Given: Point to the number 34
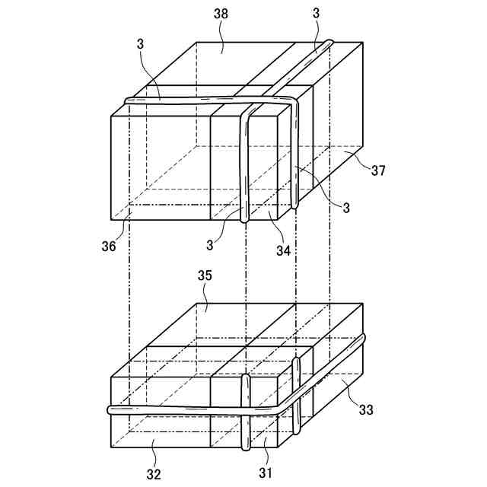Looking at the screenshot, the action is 282,249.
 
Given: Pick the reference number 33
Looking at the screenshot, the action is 366,409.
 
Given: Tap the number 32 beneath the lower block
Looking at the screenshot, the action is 154,474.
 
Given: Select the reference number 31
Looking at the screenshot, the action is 266,473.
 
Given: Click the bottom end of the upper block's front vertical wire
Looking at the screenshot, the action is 244,219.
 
